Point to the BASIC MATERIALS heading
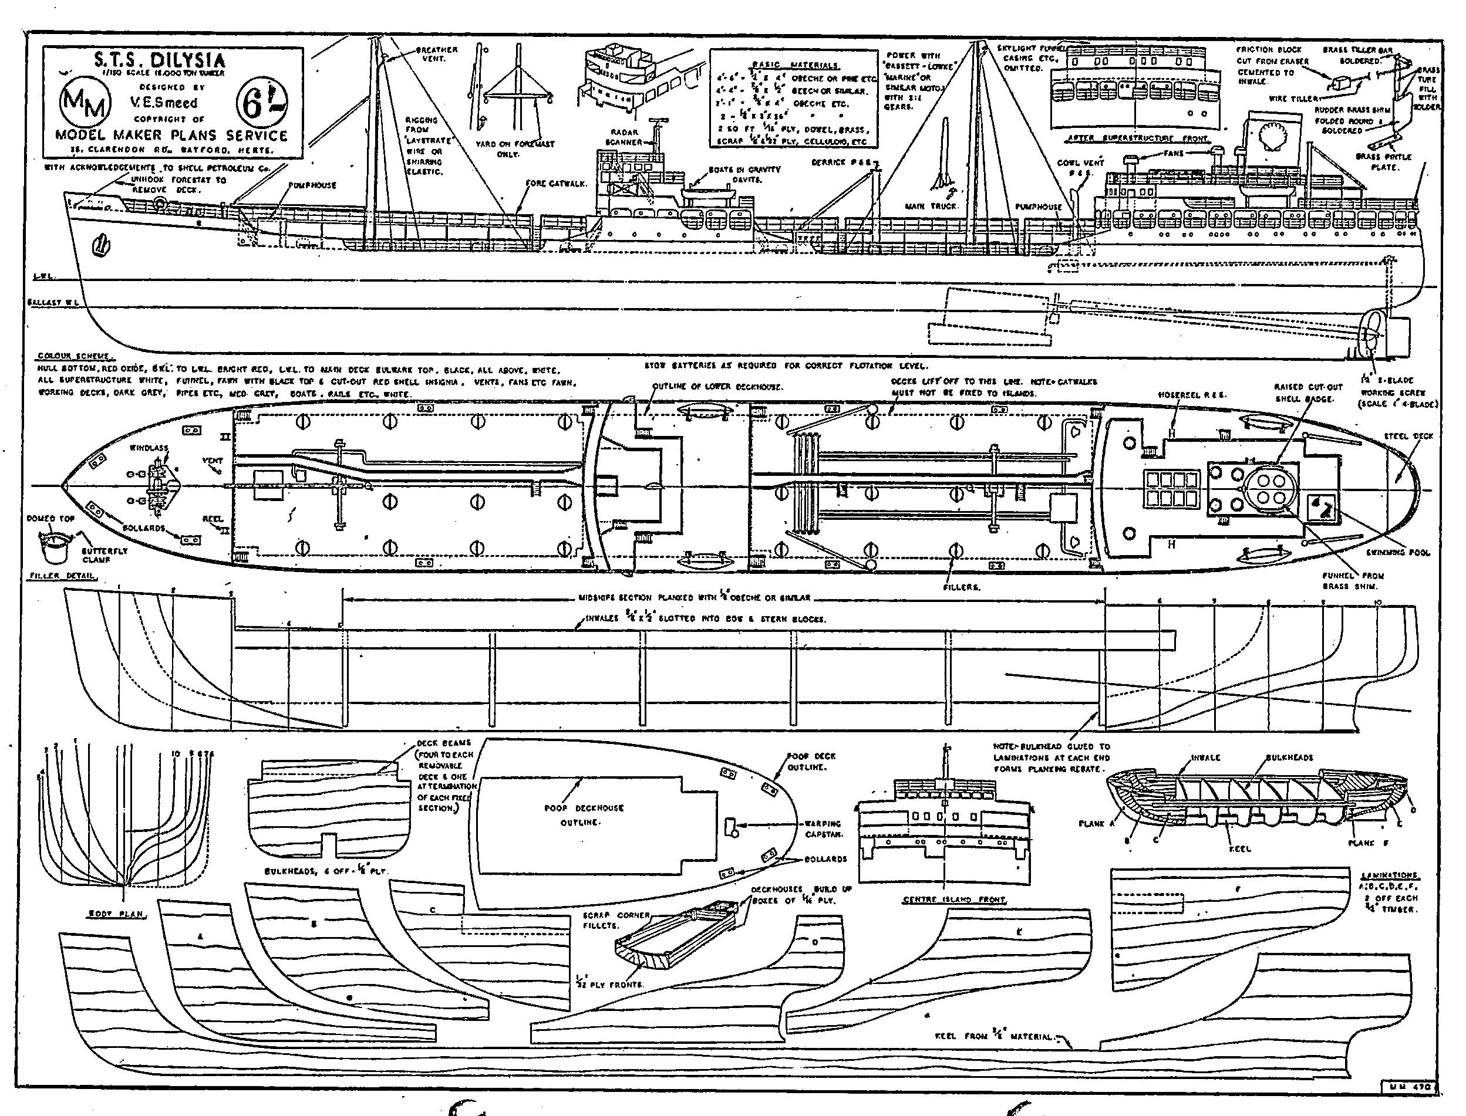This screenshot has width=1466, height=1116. click(x=794, y=65)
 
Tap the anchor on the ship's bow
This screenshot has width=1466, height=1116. click(x=102, y=245)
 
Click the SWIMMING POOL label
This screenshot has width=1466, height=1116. click(x=1397, y=552)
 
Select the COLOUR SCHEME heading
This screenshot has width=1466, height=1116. click(x=73, y=357)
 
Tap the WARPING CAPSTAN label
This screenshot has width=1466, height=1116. click(x=823, y=828)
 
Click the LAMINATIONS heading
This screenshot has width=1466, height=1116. click(x=1389, y=875)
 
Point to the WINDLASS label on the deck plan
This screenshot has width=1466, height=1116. click(x=149, y=448)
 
